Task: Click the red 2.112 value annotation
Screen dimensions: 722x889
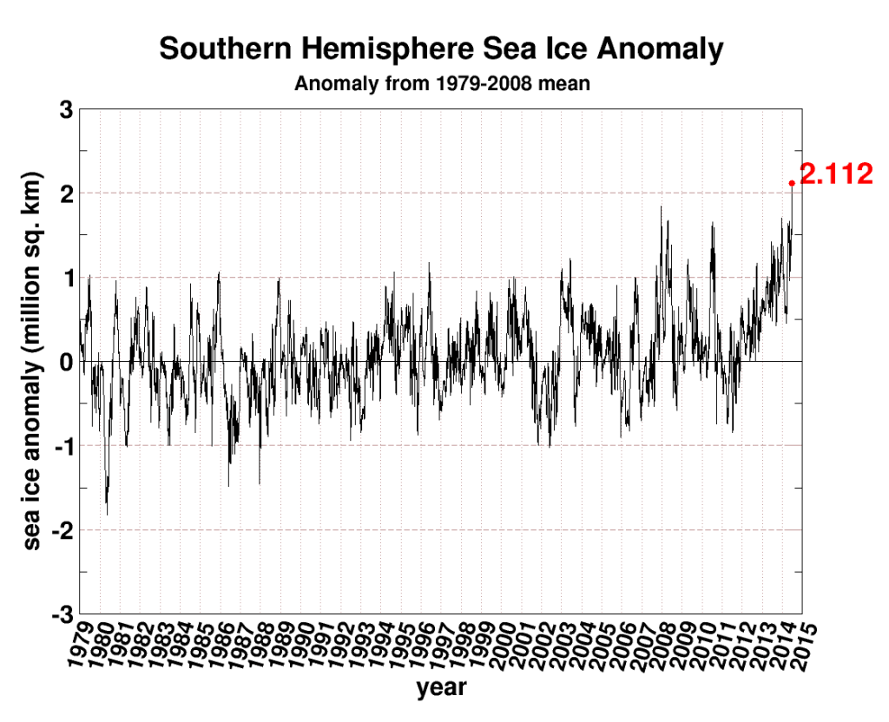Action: coord(835,174)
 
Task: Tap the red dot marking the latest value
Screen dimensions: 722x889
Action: coord(792,182)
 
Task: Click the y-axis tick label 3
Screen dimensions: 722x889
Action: coord(64,109)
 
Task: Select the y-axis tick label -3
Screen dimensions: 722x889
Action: coord(59,614)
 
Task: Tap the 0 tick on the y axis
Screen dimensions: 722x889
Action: coord(64,361)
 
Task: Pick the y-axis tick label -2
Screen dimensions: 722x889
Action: coord(59,529)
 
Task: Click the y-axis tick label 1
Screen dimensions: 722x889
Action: coord(64,278)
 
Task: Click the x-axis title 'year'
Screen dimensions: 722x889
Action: coord(441,689)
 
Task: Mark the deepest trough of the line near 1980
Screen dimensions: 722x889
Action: coord(107,515)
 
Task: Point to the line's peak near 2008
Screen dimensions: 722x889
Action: coord(662,207)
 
